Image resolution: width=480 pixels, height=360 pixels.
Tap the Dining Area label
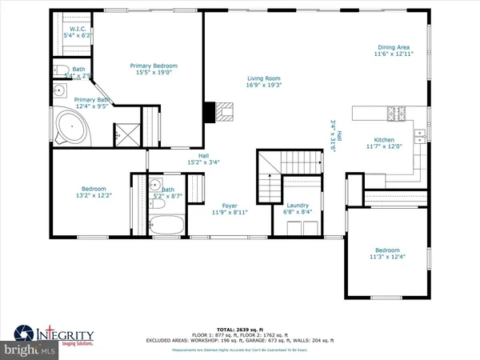[x=394, y=50]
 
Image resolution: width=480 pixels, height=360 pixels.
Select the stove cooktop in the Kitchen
[x=395, y=113]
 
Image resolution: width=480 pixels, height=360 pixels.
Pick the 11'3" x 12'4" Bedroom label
[x=387, y=252]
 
